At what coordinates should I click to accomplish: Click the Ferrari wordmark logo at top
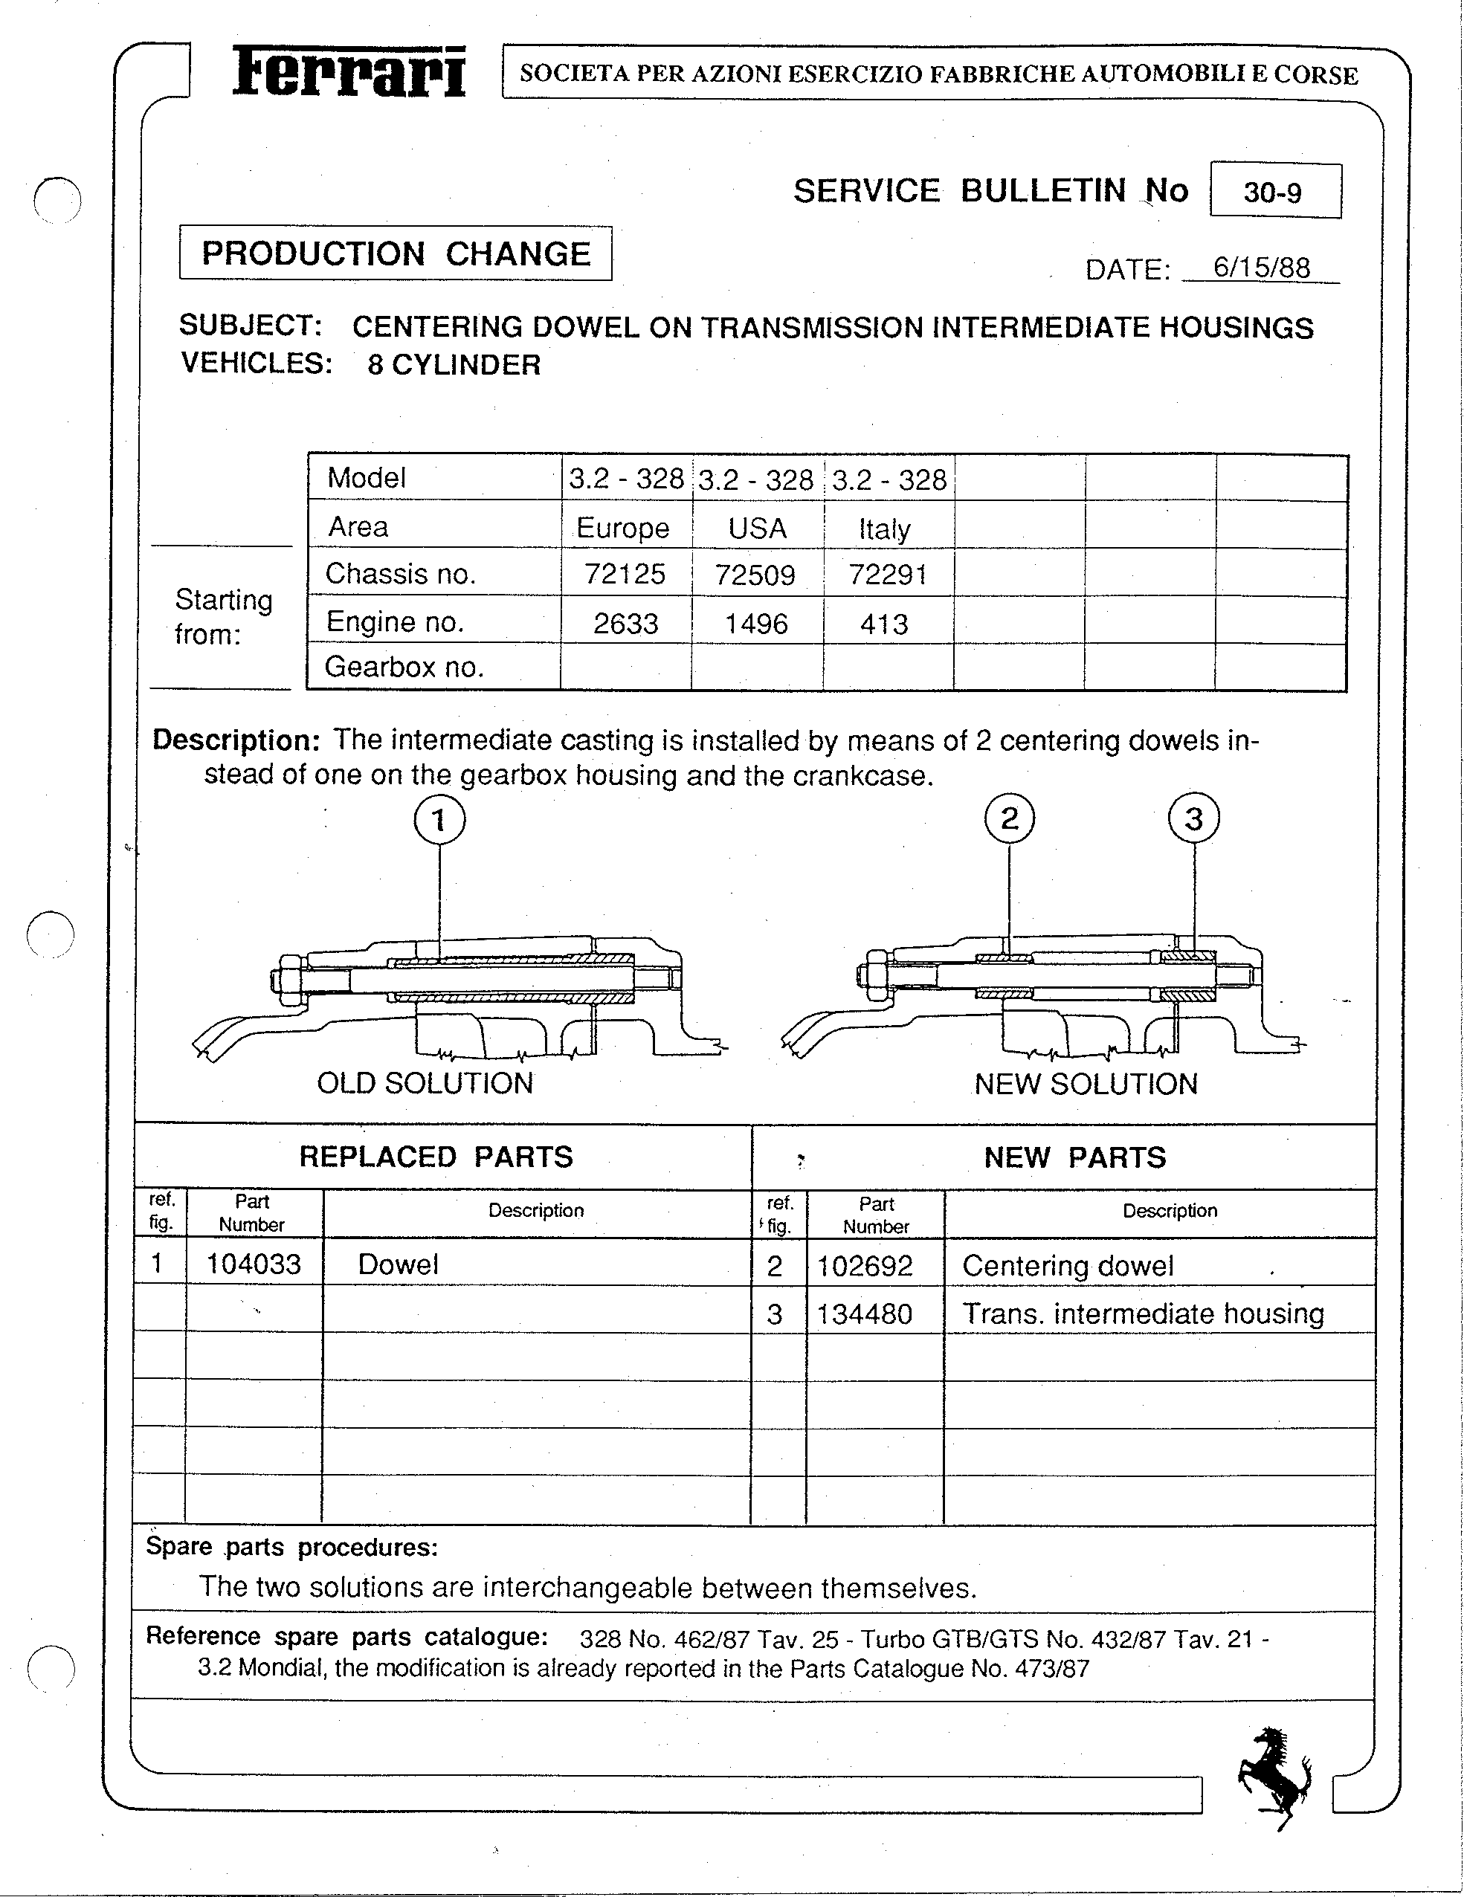click(349, 72)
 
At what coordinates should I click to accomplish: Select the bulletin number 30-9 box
click(1274, 191)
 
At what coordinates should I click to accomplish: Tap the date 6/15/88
click(1262, 268)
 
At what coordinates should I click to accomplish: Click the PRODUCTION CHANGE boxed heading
click(396, 253)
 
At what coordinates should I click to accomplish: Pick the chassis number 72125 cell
click(625, 574)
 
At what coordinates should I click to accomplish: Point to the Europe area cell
click(623, 528)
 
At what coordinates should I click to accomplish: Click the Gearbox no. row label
click(404, 667)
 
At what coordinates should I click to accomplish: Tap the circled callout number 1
click(439, 819)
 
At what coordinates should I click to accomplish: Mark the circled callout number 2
click(1010, 818)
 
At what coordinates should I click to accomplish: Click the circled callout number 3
click(1194, 818)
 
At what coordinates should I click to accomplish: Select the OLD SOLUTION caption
click(425, 1083)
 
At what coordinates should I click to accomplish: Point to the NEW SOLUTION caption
click(1086, 1084)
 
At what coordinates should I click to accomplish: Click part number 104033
click(253, 1264)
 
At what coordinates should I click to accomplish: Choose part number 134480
click(865, 1313)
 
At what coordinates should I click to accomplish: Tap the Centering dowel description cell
click(1068, 1266)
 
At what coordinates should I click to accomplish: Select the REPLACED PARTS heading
click(436, 1157)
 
